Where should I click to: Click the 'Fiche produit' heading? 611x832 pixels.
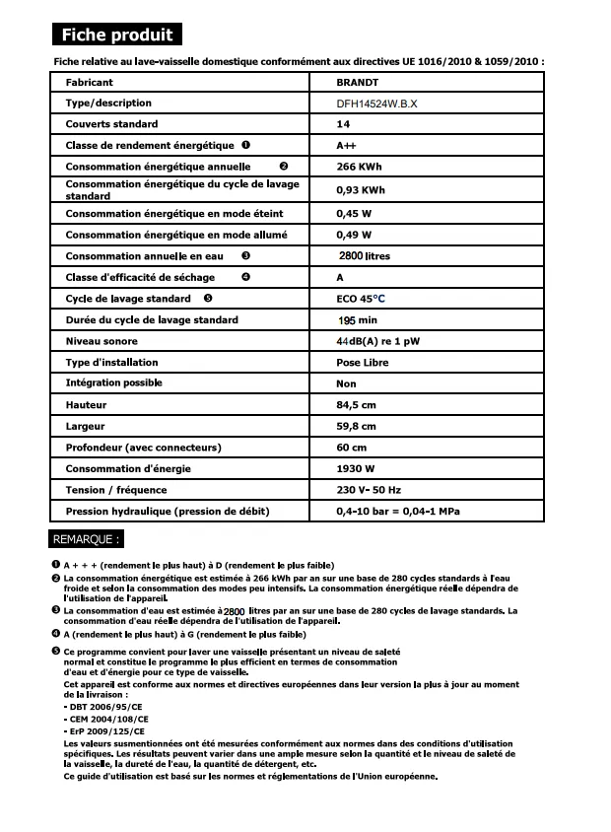coord(117,35)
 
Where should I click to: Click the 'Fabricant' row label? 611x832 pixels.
coord(89,83)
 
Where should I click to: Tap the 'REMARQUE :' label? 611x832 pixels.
coord(88,540)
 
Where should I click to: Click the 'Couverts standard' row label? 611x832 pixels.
coord(111,124)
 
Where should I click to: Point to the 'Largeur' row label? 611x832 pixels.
coord(85,427)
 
